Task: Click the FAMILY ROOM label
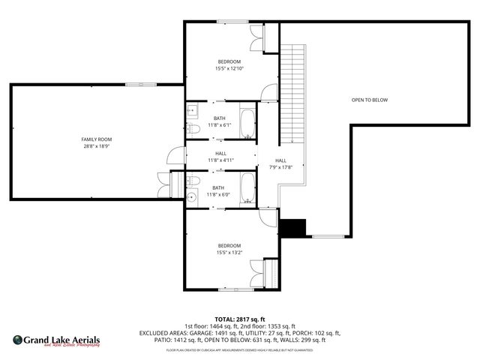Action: (x=96, y=139)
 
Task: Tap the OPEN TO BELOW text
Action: (x=370, y=100)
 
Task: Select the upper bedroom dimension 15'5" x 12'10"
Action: (x=229, y=68)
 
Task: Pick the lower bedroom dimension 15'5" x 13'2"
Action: (x=229, y=252)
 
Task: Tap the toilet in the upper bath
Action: (x=194, y=129)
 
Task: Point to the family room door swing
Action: (x=175, y=157)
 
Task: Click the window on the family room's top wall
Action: (x=136, y=84)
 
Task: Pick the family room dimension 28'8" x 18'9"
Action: (x=96, y=147)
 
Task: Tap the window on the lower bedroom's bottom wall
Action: (x=229, y=290)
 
